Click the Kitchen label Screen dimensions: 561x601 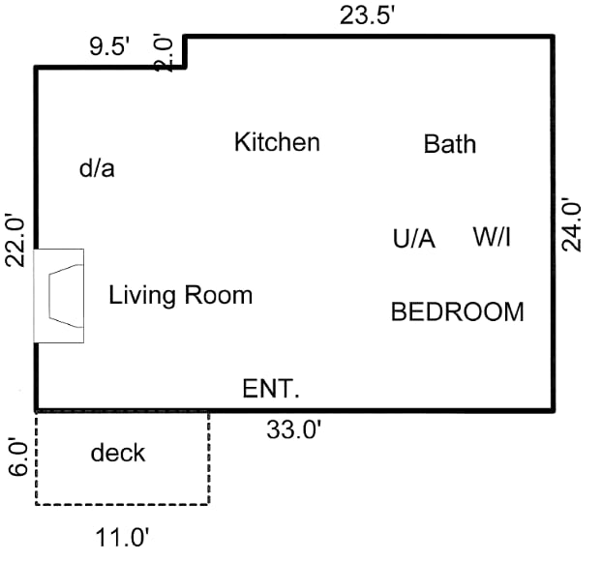tap(277, 143)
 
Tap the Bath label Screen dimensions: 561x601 tap(450, 145)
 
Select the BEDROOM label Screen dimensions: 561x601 tap(457, 312)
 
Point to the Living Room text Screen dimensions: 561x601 tap(180, 295)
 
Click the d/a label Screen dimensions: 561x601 tap(97, 168)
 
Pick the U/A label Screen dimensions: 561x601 tap(414, 239)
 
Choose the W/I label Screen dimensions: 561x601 tap(492, 237)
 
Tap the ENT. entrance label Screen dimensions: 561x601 tap(271, 390)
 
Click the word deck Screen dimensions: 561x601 tap(118, 453)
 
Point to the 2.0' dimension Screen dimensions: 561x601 tap(165, 52)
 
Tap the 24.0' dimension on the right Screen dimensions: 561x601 tap(574, 224)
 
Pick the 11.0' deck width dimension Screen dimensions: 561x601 tap(121, 535)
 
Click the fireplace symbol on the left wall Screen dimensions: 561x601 tap(59, 295)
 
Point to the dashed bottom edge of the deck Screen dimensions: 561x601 tap(122, 504)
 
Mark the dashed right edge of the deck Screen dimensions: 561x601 tap(209, 458)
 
